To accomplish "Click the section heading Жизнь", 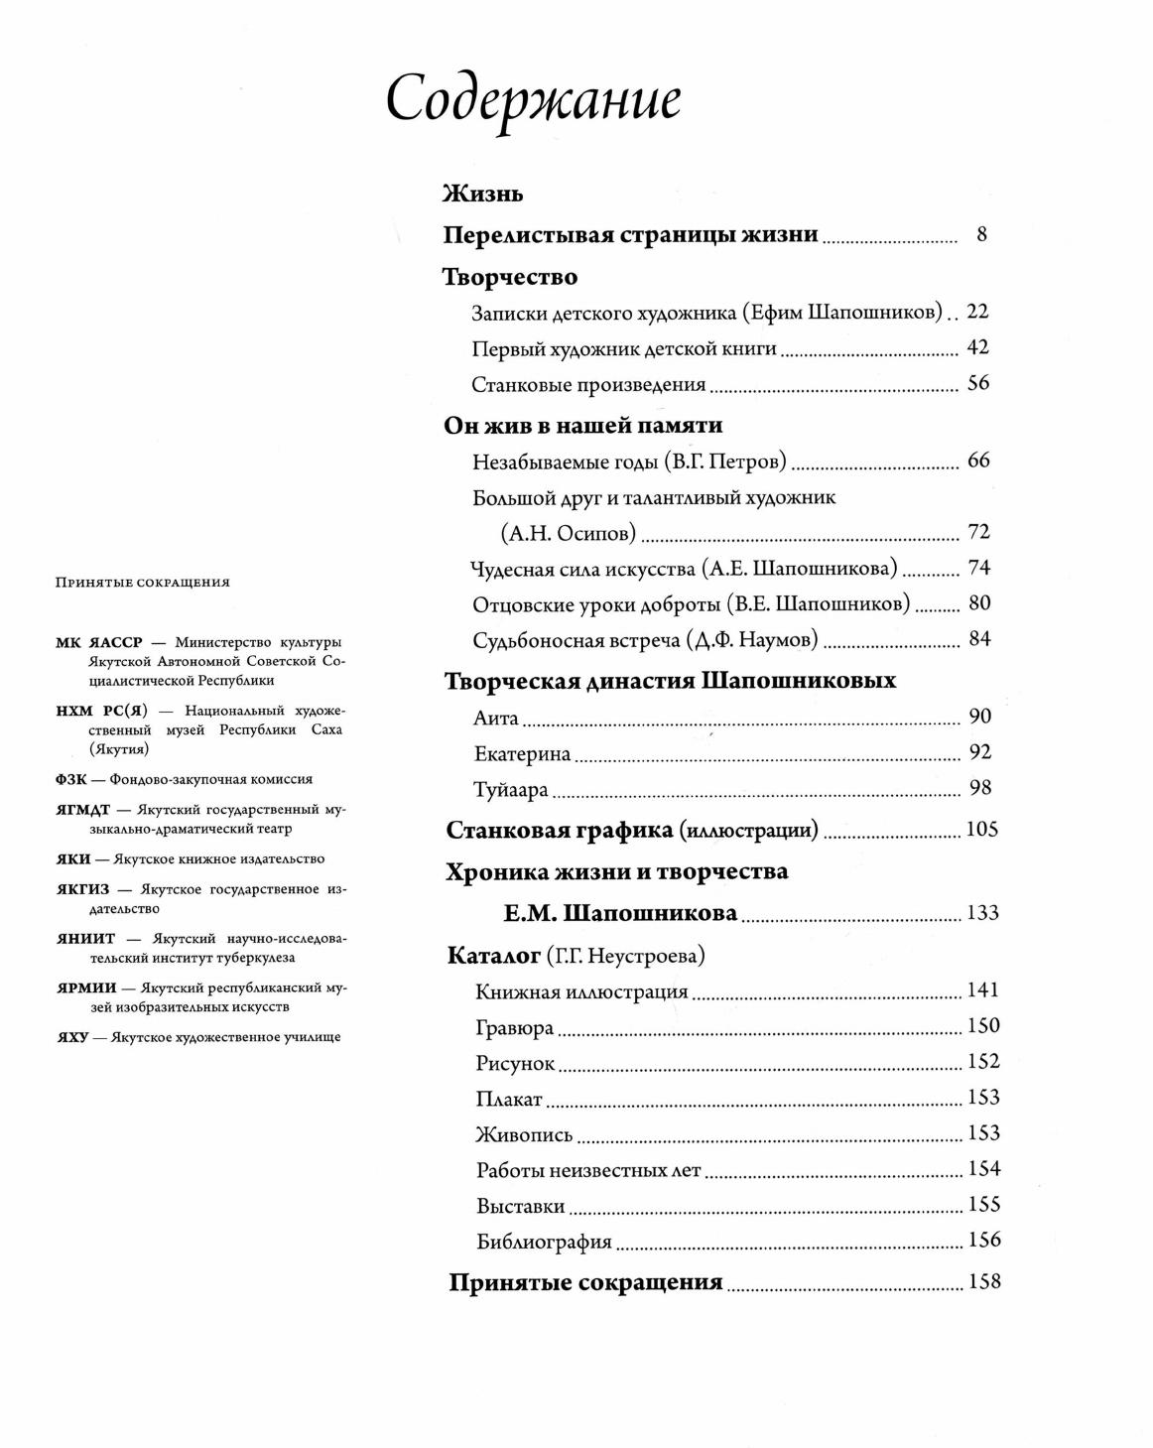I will [482, 194].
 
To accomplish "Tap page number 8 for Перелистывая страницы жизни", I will [981, 235].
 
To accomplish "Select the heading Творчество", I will [509, 277].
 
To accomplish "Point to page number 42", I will [977, 347].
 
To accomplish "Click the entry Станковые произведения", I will [588, 384].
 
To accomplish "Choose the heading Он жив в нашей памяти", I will [582, 426].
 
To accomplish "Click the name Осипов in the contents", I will [595, 533].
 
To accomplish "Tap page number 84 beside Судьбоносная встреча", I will [979, 639].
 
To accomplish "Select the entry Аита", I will [496, 718].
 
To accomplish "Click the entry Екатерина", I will [522, 753].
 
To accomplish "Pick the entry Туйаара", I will [511, 790].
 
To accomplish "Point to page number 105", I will [981, 830].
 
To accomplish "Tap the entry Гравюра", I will [514, 1027].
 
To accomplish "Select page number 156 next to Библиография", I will [983, 1240].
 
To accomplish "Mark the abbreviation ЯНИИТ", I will [86, 938].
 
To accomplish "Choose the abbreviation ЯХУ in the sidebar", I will [72, 1037].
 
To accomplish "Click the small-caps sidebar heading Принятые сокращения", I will [142, 583].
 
